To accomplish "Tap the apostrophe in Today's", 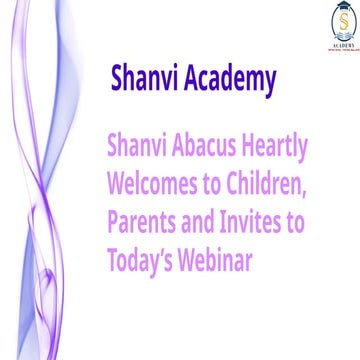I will [x=165, y=250].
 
